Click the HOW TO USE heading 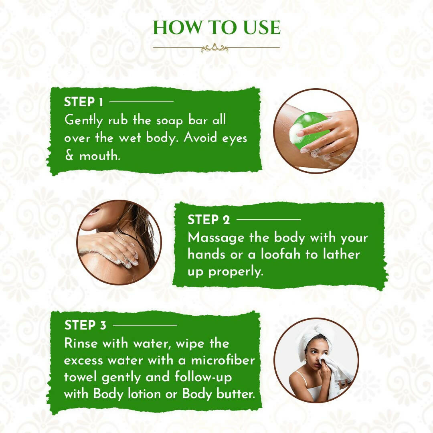[x=217, y=28]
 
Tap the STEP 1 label [x=84, y=102]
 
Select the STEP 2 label [x=208, y=220]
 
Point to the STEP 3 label [x=85, y=325]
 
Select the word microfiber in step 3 [x=223, y=360]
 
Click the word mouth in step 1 [x=100, y=156]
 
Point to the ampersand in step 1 [x=69, y=156]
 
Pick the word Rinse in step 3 [x=81, y=344]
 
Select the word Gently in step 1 [x=84, y=121]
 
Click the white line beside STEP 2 [x=269, y=220]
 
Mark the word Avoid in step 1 [x=200, y=138]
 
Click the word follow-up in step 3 [x=203, y=378]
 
